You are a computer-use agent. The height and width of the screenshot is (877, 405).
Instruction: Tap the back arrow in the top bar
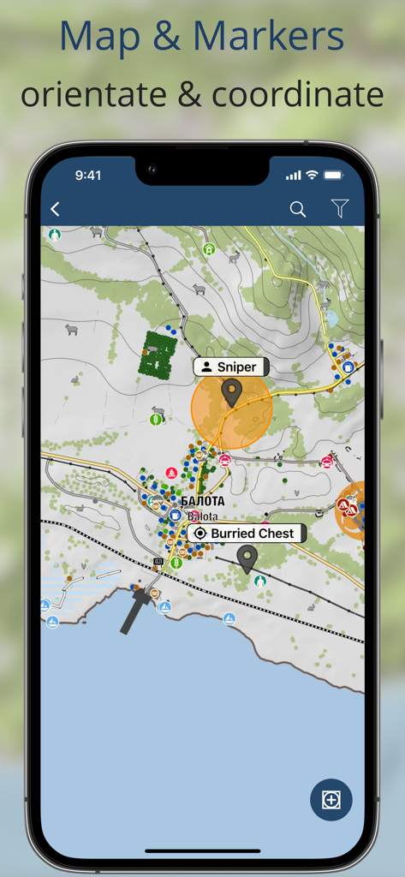point(56,209)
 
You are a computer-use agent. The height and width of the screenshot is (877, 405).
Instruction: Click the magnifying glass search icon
point(298,209)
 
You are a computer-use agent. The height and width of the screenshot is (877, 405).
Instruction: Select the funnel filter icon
point(340,209)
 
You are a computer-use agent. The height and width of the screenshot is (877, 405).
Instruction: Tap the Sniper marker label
point(231,367)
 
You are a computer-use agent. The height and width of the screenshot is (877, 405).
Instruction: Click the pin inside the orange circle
point(231,392)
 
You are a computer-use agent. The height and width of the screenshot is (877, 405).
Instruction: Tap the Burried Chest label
point(247,533)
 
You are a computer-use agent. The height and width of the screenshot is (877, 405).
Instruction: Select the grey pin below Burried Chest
point(247,558)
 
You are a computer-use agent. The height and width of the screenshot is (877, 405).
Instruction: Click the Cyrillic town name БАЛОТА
point(202,501)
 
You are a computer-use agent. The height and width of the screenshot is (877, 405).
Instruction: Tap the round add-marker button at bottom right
point(331,800)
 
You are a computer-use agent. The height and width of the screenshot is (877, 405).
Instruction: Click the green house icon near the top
point(208,249)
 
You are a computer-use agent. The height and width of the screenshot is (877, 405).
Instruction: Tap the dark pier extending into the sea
point(135,612)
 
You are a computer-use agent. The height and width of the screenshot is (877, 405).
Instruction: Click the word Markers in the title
point(269,36)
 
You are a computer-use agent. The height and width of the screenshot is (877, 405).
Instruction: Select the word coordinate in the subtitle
point(298,94)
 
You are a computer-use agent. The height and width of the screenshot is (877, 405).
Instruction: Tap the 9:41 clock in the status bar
point(87,175)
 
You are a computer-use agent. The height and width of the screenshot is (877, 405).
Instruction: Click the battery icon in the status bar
point(333,175)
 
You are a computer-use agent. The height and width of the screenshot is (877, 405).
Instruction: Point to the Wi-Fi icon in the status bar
point(313,175)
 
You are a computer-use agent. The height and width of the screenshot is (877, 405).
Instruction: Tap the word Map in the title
point(94,36)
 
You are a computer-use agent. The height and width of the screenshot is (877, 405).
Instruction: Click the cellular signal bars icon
point(294,175)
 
